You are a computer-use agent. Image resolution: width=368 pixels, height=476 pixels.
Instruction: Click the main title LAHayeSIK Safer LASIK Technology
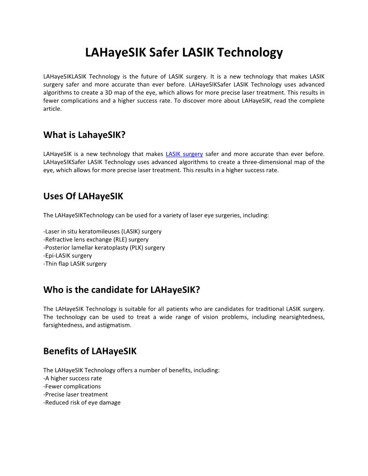[x=184, y=52]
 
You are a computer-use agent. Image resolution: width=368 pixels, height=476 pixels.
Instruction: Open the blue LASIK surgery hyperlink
[x=184, y=154]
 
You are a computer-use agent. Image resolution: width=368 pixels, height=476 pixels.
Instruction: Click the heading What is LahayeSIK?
[x=84, y=134]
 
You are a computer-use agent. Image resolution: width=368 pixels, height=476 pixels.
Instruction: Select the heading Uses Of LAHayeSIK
[x=83, y=196]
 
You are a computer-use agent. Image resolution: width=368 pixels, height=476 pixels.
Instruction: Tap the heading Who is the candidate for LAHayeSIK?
[x=121, y=289]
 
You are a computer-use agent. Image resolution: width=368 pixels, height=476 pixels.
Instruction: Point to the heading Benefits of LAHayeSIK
[x=90, y=351]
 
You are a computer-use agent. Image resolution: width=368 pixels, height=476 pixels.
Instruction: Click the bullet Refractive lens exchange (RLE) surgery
[x=96, y=239]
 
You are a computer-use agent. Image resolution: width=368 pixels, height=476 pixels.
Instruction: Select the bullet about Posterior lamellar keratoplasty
[x=104, y=247]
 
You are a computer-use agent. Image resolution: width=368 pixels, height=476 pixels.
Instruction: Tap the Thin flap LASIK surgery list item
[x=75, y=264]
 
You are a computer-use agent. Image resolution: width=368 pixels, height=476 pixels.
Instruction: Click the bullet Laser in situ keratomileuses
[x=102, y=231]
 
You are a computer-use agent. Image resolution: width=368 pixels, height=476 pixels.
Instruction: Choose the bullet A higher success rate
[x=73, y=378]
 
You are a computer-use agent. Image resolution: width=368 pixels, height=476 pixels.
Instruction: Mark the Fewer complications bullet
[x=72, y=386]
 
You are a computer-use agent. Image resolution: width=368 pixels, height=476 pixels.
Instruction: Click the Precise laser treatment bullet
[x=75, y=394]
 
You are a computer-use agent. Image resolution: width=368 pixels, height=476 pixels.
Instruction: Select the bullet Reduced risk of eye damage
[x=82, y=403]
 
